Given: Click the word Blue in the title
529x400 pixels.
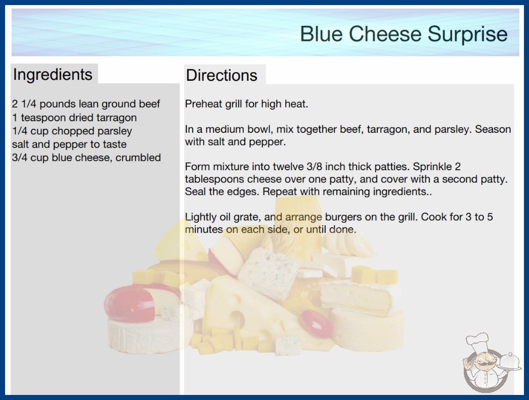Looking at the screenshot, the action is click(321, 34).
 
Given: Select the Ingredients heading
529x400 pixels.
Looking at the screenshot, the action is click(53, 75).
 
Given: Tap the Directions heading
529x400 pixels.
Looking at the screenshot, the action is click(222, 75).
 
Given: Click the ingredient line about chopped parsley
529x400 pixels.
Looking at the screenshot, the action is click(72, 131).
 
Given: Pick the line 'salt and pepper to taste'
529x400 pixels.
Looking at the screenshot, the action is click(69, 144).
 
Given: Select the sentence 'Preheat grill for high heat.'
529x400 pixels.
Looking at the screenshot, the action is click(247, 104).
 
